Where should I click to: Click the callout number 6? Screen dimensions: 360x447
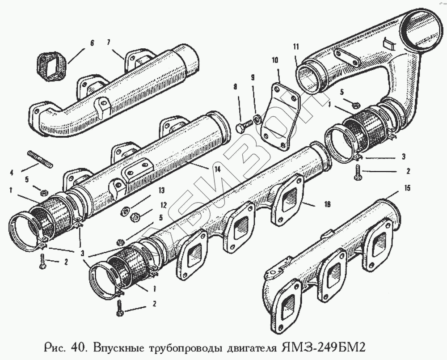click(x=92, y=43)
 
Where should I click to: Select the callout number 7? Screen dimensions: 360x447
click(x=108, y=43)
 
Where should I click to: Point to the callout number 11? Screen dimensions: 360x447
click(x=295, y=47)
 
